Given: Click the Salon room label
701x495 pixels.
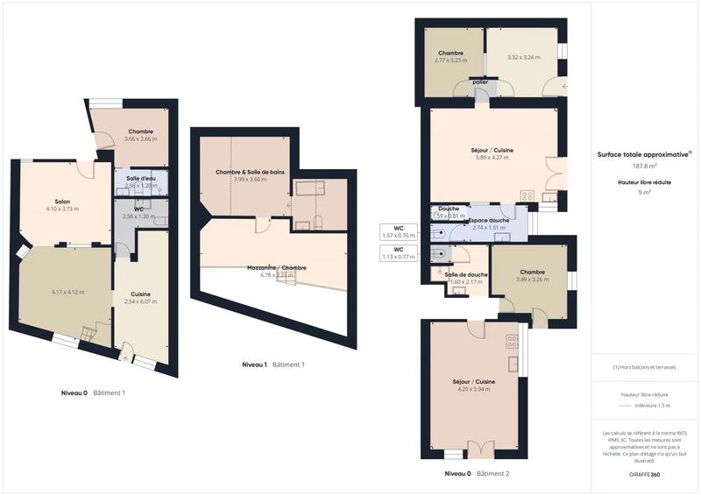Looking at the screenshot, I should coord(61,201).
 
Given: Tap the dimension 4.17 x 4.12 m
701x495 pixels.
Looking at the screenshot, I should coord(67,292).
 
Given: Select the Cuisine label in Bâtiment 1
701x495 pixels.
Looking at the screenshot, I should coord(140,293).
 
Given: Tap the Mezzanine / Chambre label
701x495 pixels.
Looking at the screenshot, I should coord(276,267).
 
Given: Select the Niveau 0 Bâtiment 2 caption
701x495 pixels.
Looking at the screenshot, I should coord(477,473).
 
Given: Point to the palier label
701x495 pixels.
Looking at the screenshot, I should coord(479,82).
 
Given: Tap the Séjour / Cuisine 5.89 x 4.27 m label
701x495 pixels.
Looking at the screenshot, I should coord(493,151).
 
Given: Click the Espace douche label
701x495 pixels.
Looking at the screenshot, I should coord(489,220).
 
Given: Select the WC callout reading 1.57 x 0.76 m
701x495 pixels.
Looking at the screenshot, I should coord(398,232).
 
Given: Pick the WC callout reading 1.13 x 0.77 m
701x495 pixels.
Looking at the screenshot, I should coord(398,253).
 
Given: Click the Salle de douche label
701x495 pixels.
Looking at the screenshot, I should coord(466,275).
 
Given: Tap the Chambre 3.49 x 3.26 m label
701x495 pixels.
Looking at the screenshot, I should coord(532,272).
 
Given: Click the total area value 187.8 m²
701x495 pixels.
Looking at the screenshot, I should coord(645,166).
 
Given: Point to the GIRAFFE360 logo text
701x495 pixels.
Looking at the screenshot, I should coord(645,473).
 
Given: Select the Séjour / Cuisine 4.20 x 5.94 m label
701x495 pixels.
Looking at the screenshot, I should coord(473,383).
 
